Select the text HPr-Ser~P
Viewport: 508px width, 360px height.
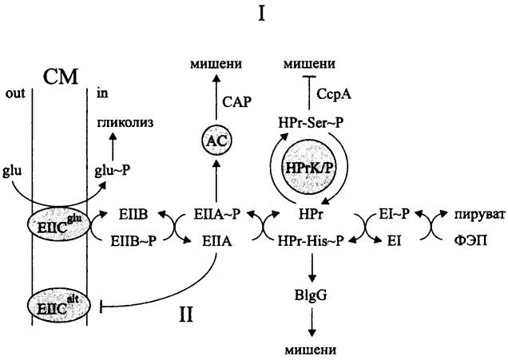[306, 121]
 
